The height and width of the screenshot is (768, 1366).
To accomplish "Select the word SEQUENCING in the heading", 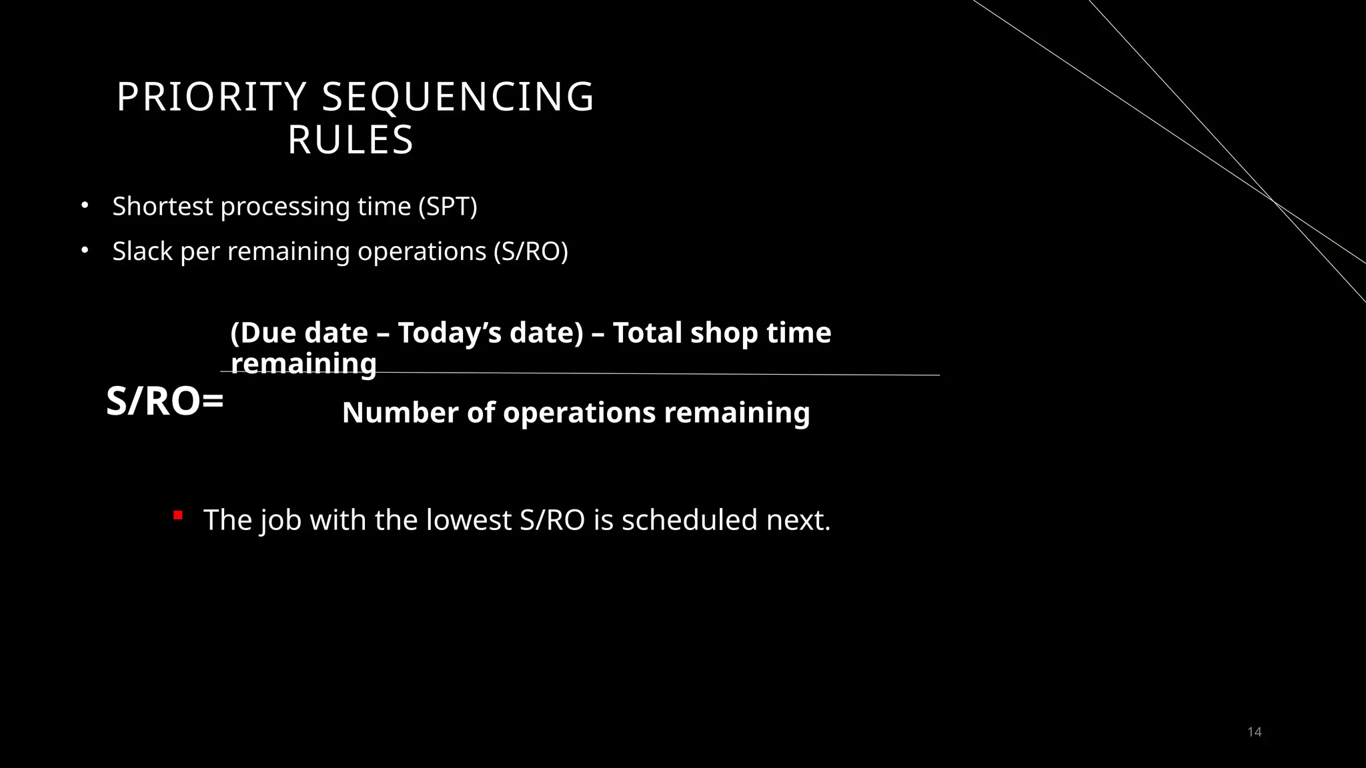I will point(458,97).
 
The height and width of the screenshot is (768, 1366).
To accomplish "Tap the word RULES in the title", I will point(351,141).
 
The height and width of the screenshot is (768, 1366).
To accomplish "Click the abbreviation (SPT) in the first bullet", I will point(448,207).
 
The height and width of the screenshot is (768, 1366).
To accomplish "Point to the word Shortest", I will point(163,207).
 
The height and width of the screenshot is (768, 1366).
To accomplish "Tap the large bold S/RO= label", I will point(165,402).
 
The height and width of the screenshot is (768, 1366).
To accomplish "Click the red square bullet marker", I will point(177,515).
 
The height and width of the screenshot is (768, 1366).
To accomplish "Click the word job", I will point(281,520).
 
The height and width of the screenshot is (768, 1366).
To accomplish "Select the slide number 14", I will point(1254,732).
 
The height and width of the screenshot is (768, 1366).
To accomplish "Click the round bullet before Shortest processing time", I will point(85,206).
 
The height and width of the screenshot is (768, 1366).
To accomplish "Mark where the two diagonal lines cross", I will point(1273,201).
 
